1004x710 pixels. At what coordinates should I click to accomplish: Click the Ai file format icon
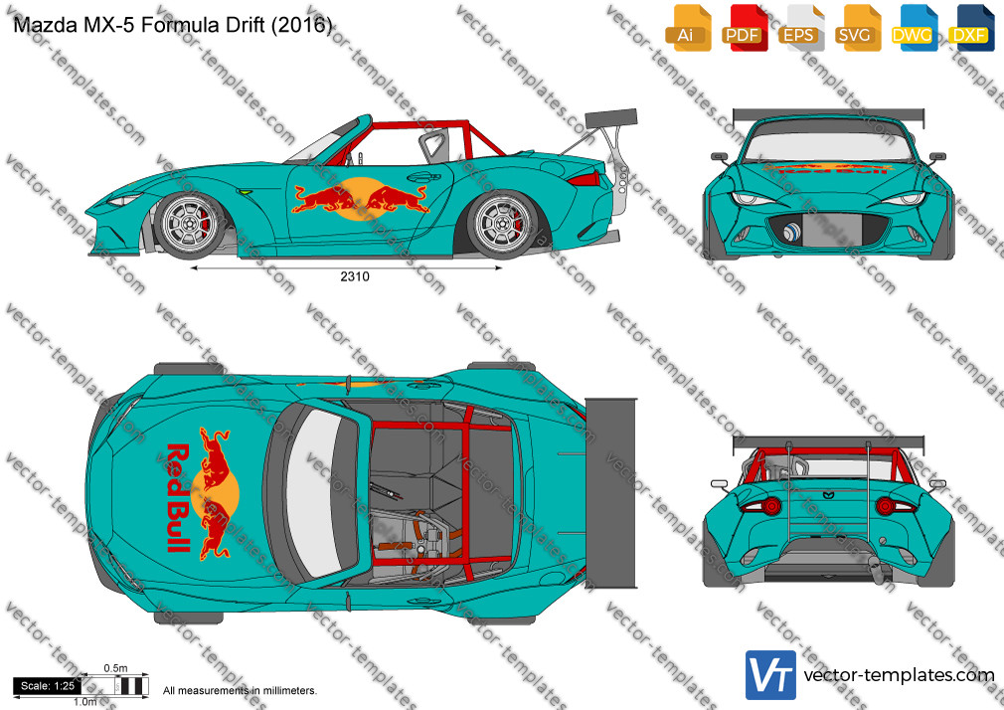688,28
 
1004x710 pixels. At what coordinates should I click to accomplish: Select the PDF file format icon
745,28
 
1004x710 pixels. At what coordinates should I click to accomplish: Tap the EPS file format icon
801,28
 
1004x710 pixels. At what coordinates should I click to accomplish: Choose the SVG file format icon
857,28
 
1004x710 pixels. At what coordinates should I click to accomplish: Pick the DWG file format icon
915,28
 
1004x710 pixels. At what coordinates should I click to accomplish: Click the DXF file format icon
971,28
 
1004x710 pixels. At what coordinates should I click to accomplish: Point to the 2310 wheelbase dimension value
355,276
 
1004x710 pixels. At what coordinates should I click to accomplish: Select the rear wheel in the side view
502,224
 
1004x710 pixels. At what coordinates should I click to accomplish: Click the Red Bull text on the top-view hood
179,497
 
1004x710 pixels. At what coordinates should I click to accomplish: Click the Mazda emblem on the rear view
828,494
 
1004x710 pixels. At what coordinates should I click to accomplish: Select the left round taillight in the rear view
769,506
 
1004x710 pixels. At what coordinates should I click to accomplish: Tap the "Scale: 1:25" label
48,686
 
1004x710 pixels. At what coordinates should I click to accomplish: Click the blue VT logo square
771,675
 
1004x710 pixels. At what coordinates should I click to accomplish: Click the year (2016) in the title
301,25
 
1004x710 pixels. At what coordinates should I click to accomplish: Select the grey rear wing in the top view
611,492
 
